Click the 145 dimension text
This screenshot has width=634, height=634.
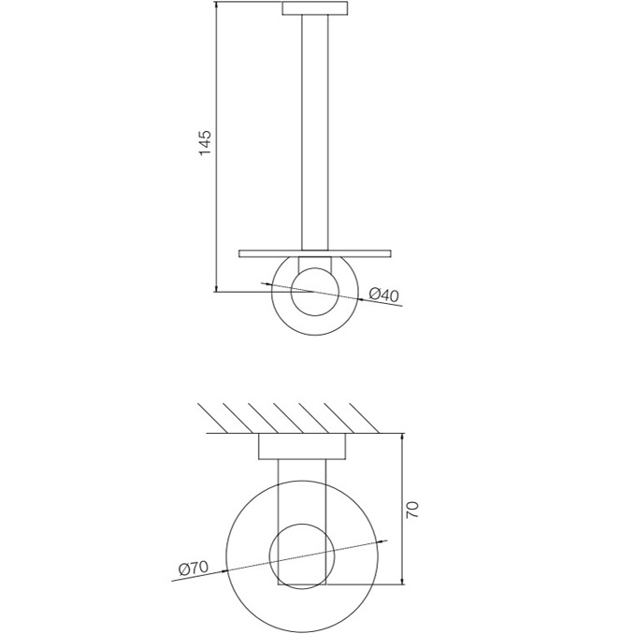(206, 142)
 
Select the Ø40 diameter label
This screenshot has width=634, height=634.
(383, 295)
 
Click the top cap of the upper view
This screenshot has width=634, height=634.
(315, 10)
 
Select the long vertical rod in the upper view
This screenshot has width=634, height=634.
(315, 131)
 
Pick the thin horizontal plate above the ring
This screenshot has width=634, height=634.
(314, 252)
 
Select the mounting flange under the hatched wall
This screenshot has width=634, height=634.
(300, 448)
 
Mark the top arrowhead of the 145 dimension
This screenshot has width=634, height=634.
(216, 8)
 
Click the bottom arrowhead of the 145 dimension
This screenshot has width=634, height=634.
(216, 288)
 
